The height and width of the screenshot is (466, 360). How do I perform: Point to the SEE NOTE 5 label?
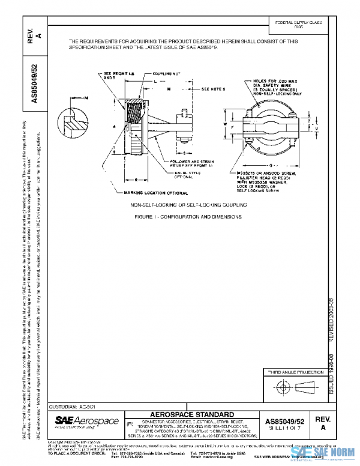[x=213, y=88]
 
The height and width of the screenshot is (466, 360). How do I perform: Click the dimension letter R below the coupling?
[x=137, y=179]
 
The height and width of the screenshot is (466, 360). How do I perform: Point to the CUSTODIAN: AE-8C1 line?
[x=68, y=407]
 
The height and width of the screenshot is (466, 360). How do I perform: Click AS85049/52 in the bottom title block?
[x=285, y=422]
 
